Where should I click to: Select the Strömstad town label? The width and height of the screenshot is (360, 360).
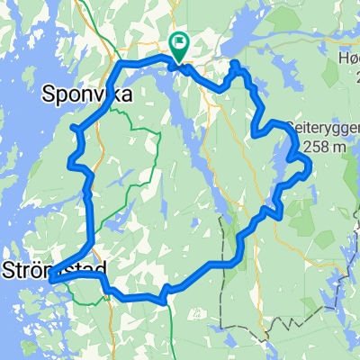[x=54, y=268]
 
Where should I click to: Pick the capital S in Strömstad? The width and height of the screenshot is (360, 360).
[x=9, y=268]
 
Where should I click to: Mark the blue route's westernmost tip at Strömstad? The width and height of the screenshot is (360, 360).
[x=51, y=280]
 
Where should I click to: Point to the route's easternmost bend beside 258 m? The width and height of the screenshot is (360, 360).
[x=310, y=165]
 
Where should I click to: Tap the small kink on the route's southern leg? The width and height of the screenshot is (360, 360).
[x=165, y=291]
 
